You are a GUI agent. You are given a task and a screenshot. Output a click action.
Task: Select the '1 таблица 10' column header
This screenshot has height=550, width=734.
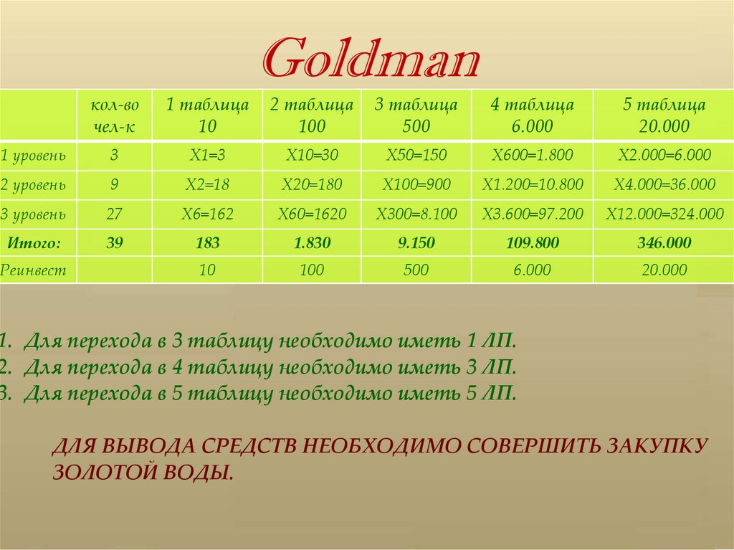tap(207, 115)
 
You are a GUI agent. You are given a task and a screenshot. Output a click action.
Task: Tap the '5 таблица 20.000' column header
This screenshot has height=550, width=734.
tap(664, 115)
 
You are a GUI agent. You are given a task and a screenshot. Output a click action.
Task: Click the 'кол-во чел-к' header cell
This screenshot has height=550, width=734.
tap(114, 115)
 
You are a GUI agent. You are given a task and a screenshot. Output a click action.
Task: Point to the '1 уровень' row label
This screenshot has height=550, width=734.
tap(34, 155)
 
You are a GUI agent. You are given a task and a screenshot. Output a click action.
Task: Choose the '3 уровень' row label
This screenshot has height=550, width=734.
tap(34, 214)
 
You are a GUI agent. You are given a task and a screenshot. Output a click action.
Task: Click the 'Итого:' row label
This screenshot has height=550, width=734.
tap(34, 243)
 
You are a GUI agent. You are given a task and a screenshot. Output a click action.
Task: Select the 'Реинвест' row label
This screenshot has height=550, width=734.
tap(34, 270)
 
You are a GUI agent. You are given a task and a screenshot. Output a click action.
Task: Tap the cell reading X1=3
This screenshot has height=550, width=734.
tap(207, 155)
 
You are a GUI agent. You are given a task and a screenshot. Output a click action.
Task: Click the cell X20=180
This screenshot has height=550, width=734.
tap(312, 184)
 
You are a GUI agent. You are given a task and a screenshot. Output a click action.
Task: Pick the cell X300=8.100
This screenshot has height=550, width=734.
tap(416, 214)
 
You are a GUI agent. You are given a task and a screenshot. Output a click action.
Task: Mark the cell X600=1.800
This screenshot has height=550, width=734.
tap(532, 155)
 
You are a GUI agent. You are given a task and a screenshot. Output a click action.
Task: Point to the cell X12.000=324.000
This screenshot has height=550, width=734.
tap(664, 214)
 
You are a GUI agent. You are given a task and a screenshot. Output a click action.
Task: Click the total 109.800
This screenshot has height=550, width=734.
tap(532, 243)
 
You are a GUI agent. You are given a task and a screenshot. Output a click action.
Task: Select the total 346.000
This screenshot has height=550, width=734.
tap(664, 243)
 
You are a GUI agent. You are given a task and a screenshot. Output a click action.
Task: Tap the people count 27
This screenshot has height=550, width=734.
tap(114, 214)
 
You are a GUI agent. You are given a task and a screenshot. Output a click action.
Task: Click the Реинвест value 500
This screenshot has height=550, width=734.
tap(416, 270)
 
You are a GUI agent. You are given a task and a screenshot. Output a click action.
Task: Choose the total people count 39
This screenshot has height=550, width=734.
tap(114, 243)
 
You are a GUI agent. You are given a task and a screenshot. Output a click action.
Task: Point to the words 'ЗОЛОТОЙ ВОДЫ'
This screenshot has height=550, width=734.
tap(143, 473)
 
